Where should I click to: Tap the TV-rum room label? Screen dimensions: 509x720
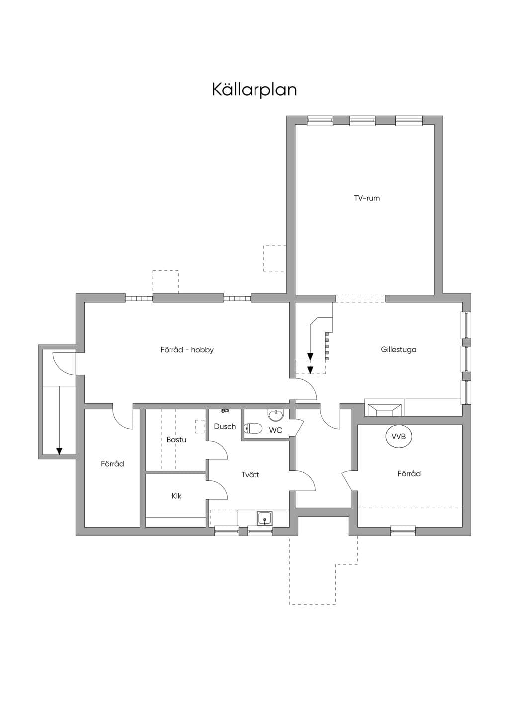(x=367, y=198)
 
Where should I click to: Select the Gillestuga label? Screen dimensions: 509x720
(x=399, y=349)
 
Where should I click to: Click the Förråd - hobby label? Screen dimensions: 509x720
(x=187, y=350)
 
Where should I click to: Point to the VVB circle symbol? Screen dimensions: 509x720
(x=398, y=437)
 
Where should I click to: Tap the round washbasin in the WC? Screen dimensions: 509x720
(x=276, y=415)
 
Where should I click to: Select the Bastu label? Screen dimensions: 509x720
(x=176, y=440)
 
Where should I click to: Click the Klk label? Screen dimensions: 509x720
(x=176, y=496)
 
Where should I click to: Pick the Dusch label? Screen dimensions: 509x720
(x=225, y=426)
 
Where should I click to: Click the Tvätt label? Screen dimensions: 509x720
(x=250, y=475)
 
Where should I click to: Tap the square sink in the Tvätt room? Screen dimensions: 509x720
(x=265, y=518)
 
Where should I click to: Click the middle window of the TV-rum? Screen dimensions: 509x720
(x=362, y=120)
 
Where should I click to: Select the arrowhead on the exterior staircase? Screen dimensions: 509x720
(x=59, y=451)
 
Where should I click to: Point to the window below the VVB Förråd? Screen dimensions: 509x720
(x=403, y=531)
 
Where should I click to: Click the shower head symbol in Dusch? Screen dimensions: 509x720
(x=225, y=410)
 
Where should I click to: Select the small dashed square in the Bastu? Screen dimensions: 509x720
(x=199, y=426)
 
